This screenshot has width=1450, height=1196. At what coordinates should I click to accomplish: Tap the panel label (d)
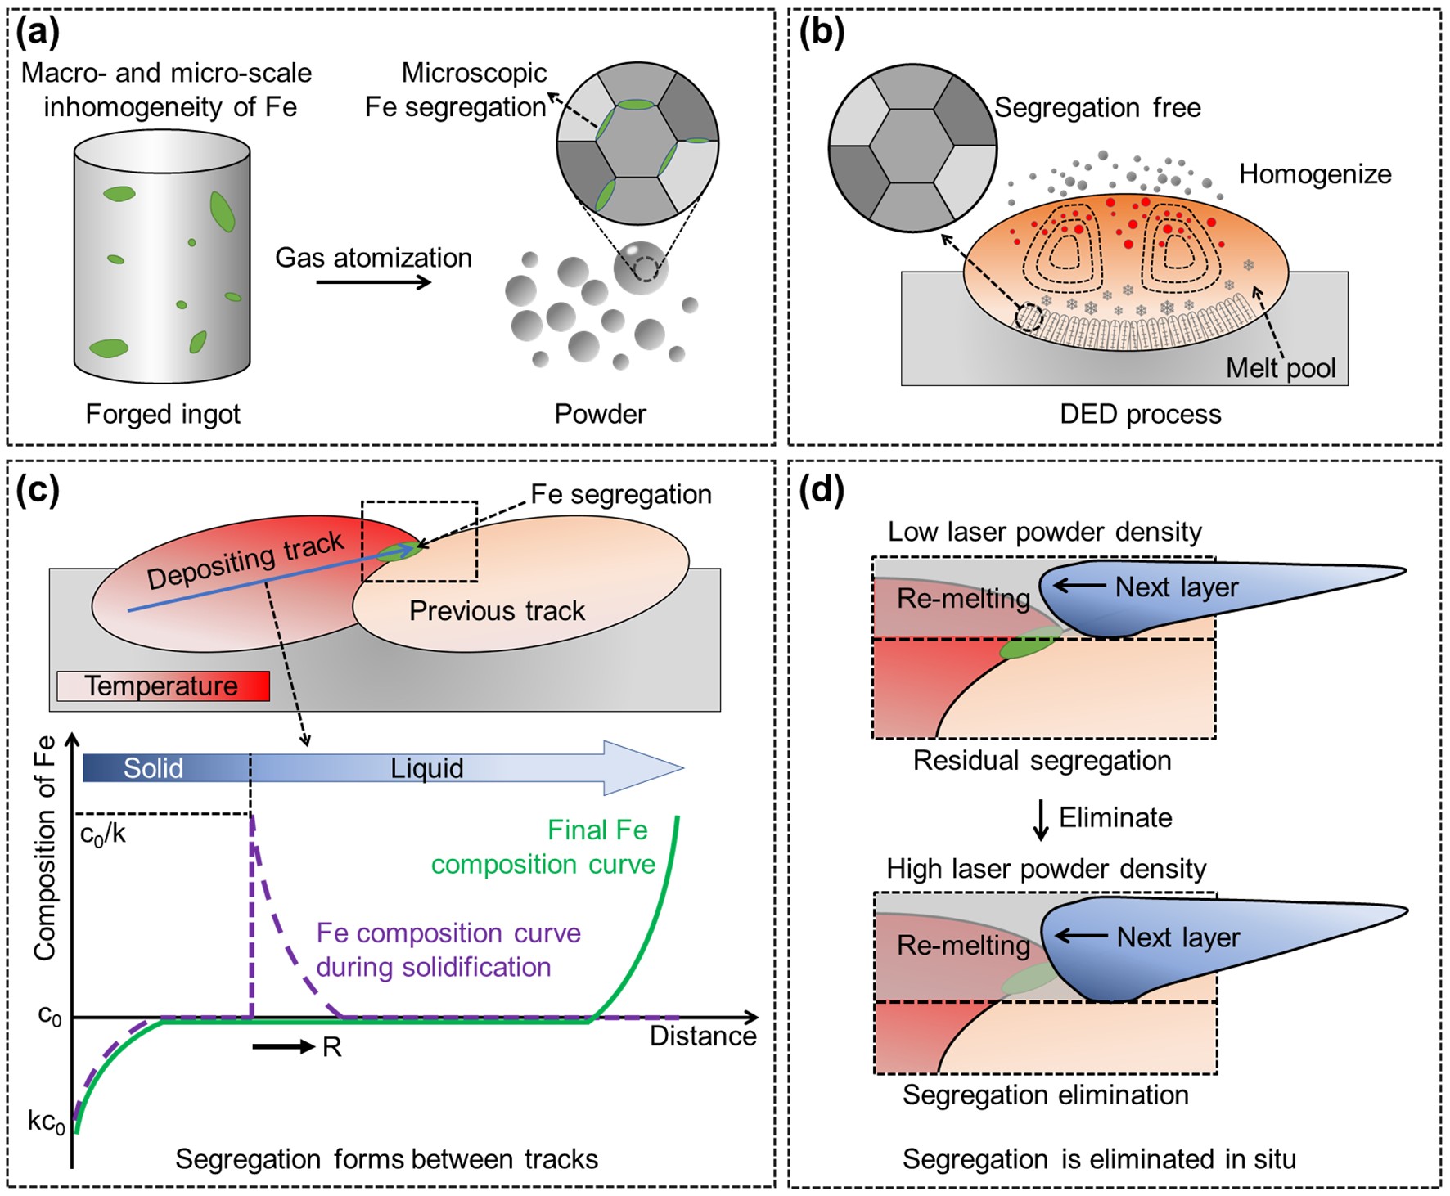click(x=822, y=491)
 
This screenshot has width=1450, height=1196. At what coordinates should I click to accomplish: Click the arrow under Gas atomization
click(x=373, y=283)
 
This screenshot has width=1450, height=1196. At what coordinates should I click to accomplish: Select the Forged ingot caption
click(x=163, y=414)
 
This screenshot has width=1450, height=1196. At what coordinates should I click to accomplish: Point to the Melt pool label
click(x=1280, y=368)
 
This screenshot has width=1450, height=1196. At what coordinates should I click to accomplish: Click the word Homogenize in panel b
click(x=1314, y=174)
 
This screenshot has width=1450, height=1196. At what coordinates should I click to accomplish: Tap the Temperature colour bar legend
click(x=163, y=686)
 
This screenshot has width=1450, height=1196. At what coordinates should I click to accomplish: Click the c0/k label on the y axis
click(x=103, y=835)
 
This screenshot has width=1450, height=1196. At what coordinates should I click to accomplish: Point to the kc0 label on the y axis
click(x=46, y=1122)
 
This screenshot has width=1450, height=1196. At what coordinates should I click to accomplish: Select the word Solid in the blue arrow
click(x=153, y=768)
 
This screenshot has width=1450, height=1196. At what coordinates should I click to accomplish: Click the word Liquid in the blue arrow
click(x=426, y=768)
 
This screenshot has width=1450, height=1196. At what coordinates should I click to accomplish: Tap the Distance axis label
click(x=702, y=1036)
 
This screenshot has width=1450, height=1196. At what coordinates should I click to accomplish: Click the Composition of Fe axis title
click(x=45, y=848)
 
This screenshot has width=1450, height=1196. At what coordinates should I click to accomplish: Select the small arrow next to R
click(x=283, y=1046)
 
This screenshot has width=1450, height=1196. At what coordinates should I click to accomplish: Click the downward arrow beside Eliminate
click(x=1041, y=820)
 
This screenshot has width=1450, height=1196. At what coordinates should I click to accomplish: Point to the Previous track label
click(x=497, y=611)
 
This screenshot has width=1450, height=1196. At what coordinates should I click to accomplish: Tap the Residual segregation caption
click(x=1042, y=761)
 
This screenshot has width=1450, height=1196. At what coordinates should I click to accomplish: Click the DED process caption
click(x=1140, y=415)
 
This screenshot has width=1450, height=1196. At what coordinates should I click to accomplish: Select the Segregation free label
click(x=1097, y=108)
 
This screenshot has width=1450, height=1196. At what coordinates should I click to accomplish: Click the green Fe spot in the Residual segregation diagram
click(x=1029, y=643)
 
